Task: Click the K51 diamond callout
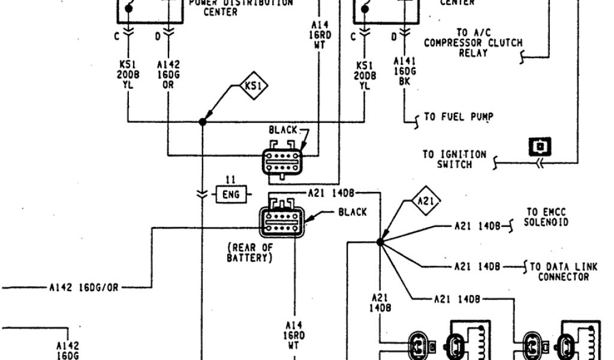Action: coord(251,86)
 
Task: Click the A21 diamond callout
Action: coord(426,201)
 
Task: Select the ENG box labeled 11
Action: coord(231,194)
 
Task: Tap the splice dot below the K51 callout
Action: coord(203,122)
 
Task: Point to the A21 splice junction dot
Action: coord(380,242)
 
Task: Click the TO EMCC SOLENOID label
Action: coord(546,217)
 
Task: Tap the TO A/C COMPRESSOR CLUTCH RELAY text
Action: coord(473,43)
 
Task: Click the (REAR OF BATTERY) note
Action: coord(249,253)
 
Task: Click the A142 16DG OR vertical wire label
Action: coord(168,74)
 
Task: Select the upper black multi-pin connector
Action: coord(282,160)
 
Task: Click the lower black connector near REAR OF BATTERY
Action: coord(281,221)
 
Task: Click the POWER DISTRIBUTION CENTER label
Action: coord(241,7)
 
